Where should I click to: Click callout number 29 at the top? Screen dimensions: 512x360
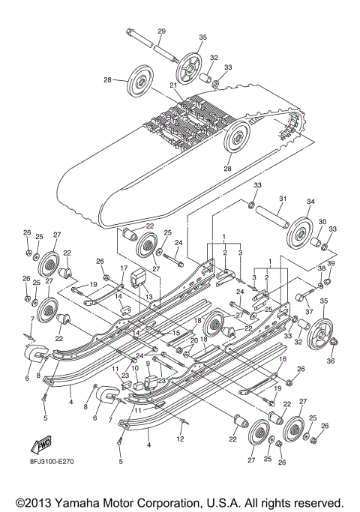pos(160,30)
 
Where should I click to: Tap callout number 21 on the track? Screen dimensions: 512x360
pos(172,85)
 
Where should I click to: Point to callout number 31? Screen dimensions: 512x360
pos(283,199)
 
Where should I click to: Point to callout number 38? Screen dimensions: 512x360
pos(322,269)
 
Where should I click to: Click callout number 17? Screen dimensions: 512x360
pos(124,268)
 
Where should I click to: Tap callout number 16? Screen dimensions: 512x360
pos(283,360)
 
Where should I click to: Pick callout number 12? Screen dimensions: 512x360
pos(180,438)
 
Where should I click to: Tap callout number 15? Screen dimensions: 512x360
pos(178,333)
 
